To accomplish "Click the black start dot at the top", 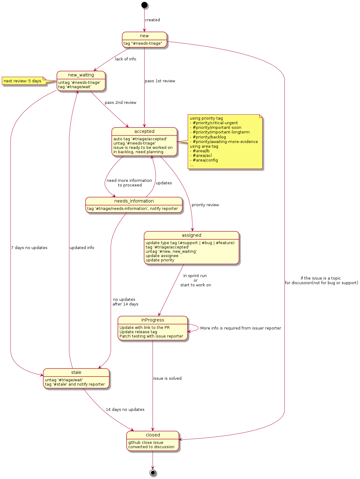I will [144, 5].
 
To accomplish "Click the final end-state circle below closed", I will [153, 473].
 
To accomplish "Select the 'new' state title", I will [144, 36].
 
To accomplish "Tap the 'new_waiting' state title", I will [81, 75].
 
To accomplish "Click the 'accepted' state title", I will [144, 131].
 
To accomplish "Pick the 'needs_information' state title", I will [134, 201].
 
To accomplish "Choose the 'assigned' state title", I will [191, 235].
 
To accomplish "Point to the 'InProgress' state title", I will [153, 320].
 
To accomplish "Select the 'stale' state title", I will [76, 372].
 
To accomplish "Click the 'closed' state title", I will [153, 435].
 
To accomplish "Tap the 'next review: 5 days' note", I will [22, 81].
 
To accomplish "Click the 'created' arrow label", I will [152, 20].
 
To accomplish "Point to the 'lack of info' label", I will [125, 59].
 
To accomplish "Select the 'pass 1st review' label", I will [160, 81].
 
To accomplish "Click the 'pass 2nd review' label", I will [121, 102].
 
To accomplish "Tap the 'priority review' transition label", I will [205, 205].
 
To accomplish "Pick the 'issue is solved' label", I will [167, 378].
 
